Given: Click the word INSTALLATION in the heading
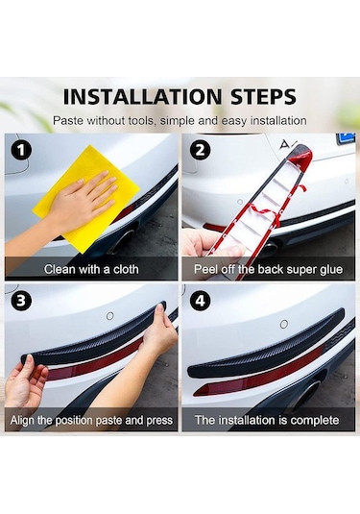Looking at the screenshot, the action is click(142, 97).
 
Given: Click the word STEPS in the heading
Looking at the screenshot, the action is click(264, 97).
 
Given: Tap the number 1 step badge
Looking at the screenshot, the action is click(21, 151).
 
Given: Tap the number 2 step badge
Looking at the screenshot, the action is click(200, 151).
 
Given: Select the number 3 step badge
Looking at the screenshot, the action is click(21, 301).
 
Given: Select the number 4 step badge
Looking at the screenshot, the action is click(201, 301).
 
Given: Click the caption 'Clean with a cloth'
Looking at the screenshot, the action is click(91, 269).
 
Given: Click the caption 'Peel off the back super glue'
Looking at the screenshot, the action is click(268, 269).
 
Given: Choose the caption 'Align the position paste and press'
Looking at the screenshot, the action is click(91, 420).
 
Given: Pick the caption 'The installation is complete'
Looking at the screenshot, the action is click(267, 420).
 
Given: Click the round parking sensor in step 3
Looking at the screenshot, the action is click(110, 316).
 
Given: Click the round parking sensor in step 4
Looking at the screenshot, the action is click(284, 324).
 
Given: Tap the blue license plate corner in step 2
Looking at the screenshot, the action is click(346, 138).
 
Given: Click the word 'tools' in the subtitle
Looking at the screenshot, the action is click(141, 121).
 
